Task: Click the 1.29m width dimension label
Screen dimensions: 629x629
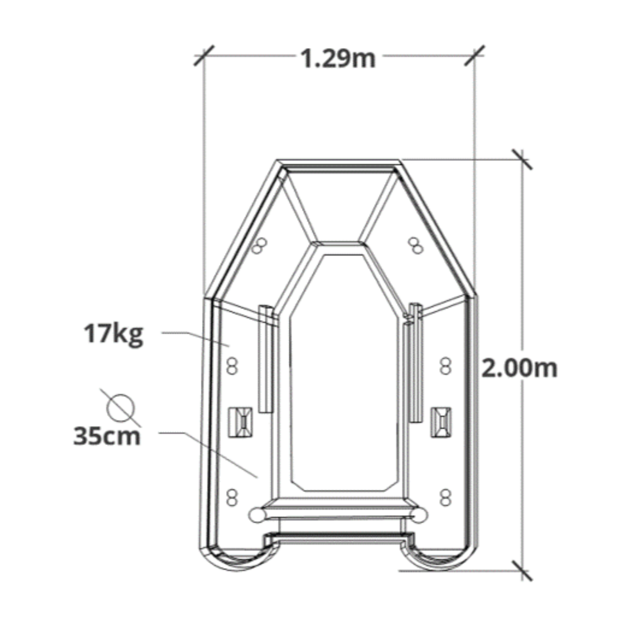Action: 339,59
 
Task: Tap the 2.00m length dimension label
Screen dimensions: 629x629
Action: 519,368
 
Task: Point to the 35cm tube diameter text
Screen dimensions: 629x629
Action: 107,437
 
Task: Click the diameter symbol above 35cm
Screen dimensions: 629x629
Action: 121,408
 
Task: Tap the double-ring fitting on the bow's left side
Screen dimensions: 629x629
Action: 259,246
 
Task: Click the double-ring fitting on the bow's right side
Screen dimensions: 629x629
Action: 416,246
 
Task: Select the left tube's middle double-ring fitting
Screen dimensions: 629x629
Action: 232,366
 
